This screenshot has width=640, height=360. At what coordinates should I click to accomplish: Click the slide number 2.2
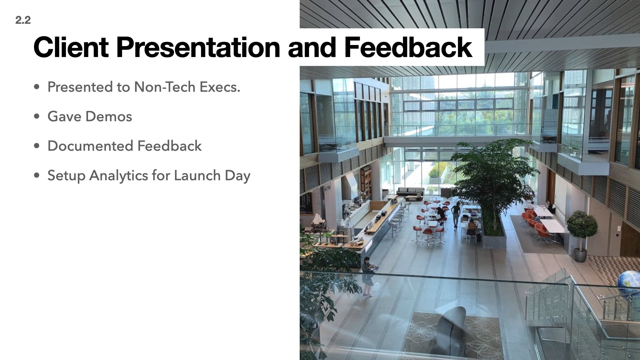point(23,20)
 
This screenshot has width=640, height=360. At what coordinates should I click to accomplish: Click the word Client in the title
point(71,47)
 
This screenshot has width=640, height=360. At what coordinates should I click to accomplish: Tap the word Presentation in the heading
point(198,47)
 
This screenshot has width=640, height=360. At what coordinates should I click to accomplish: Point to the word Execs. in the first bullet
point(220,87)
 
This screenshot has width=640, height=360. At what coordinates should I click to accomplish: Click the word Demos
point(109,117)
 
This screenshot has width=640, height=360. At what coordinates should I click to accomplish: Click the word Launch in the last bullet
point(197,176)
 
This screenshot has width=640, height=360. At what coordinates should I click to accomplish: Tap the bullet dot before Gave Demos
point(37,117)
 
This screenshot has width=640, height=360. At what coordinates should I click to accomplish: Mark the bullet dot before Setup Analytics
point(37,176)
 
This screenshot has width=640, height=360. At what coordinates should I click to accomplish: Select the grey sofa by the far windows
point(410,192)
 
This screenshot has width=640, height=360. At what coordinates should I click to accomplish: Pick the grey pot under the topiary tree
point(581,255)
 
